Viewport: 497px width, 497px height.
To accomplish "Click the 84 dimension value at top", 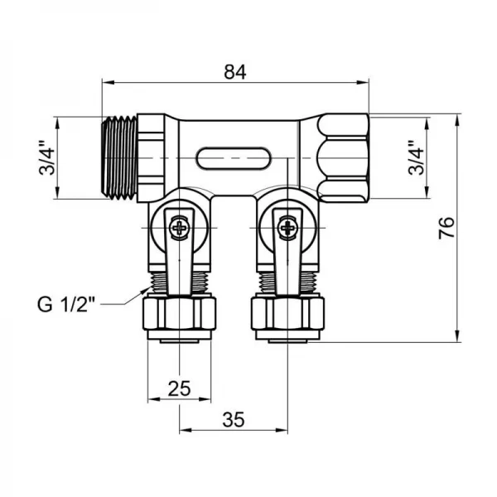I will [x=235, y=72].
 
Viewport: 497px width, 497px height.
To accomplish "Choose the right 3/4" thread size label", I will [x=417, y=157].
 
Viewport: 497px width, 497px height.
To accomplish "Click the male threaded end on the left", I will [x=118, y=157].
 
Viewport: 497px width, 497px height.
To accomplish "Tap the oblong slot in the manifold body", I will [x=234, y=157].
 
